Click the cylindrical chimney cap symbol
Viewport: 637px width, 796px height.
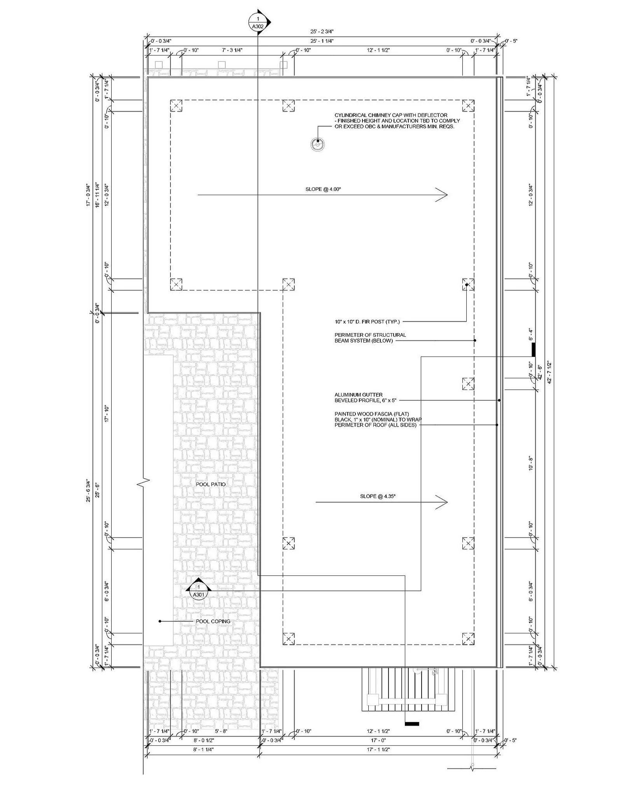pyautogui.click(x=318, y=144)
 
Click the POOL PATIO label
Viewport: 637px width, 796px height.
pyautogui.click(x=211, y=484)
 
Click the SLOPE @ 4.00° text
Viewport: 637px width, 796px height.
pyautogui.click(x=323, y=189)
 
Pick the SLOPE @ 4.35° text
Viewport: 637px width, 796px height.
pyautogui.click(x=378, y=496)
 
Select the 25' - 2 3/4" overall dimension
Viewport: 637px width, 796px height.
pyautogui.click(x=322, y=31)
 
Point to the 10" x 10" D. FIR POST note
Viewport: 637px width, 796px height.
pyautogui.click(x=367, y=322)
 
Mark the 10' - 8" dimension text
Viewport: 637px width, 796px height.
pyautogui.click(x=531, y=463)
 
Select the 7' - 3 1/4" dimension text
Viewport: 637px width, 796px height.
pyautogui.click(x=232, y=50)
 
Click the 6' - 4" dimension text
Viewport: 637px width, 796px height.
pyautogui.click(x=531, y=334)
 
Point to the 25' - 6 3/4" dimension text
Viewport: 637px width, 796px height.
pyautogui.click(x=88, y=491)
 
